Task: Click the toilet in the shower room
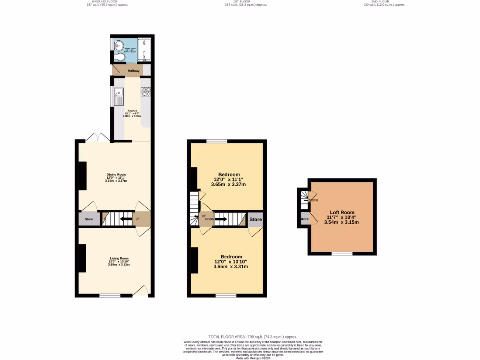[120, 58]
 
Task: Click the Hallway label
[134, 71]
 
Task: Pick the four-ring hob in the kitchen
[146, 91]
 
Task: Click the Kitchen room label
[133, 111]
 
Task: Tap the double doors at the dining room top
[98, 138]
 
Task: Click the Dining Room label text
[116, 174]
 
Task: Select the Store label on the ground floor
[89, 219]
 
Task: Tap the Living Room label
[119, 258]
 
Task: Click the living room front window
[110, 295]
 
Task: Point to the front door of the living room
[141, 291]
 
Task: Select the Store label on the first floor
[255, 219]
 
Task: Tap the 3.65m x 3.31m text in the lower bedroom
[231, 267]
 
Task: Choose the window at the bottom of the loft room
[342, 254]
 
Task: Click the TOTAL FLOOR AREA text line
[253, 337]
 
